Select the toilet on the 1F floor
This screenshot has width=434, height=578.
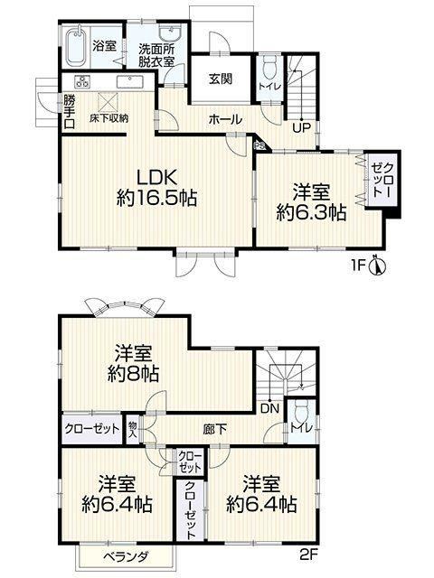click(269, 66)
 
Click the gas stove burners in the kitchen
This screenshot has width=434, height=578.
click(82, 81)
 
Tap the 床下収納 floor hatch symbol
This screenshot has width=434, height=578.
click(108, 101)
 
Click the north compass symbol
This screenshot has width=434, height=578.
click(377, 266)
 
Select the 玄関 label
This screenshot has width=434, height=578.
click(221, 79)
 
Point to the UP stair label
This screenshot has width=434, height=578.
click(301, 127)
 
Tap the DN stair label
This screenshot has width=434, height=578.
click(269, 408)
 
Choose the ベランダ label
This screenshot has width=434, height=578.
click(126, 556)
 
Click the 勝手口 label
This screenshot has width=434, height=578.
click(69, 112)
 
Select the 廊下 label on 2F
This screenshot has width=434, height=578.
click(215, 429)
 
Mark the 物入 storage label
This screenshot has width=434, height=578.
click(132, 430)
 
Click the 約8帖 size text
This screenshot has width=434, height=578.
click(133, 374)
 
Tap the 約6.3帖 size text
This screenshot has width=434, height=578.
click(311, 213)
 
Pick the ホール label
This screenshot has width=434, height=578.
click(225, 119)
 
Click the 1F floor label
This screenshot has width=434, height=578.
click(358, 266)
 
